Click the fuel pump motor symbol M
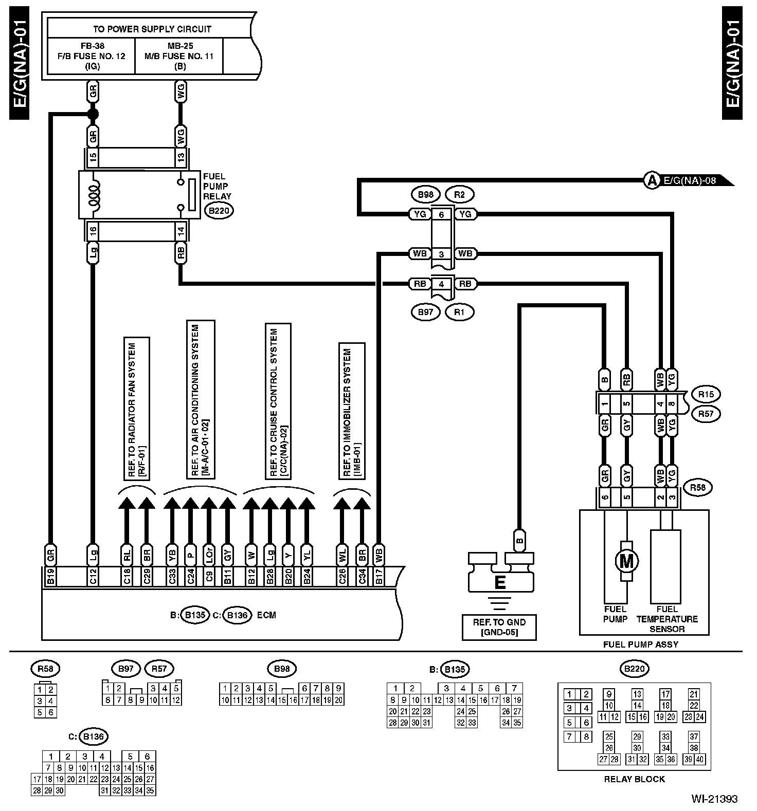point(626,561)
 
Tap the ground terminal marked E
point(499,582)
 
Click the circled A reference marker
point(652,180)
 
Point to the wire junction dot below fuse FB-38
point(93,114)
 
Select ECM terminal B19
point(50,576)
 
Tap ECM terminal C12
point(93,576)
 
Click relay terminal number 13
point(181,158)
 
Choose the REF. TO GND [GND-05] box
point(499,627)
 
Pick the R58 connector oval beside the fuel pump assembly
point(697,488)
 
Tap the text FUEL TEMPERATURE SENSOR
point(667,619)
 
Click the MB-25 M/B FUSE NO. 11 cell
point(179,56)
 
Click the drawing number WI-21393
point(714,799)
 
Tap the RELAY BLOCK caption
point(634,779)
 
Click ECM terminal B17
point(379,576)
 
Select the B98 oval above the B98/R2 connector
point(425,195)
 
